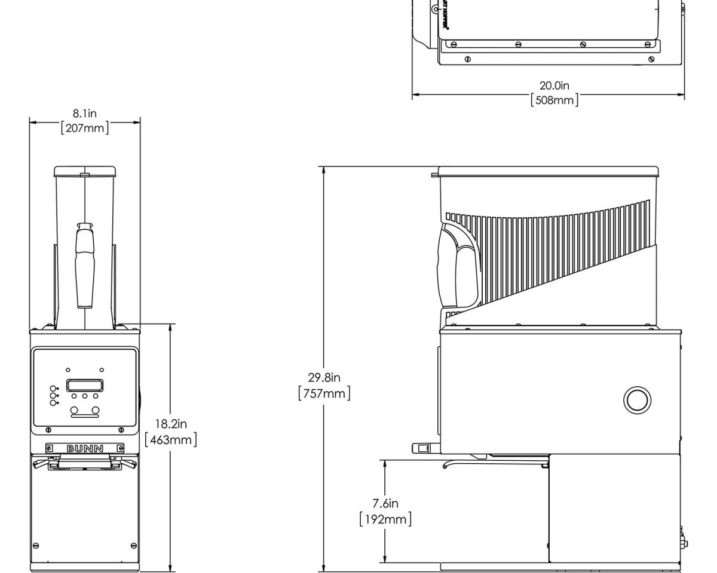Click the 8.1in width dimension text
85,113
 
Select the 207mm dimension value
85,128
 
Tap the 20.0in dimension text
554,86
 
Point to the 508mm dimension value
554,100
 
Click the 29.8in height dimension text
324,378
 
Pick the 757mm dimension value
324,393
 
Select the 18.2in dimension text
171,424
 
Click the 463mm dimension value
171,439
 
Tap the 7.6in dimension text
385,504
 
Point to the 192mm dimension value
385,519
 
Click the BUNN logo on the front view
84,448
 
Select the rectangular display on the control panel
84,385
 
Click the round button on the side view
637,399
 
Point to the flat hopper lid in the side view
549,172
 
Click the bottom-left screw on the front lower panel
36,546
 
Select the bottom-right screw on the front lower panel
133,546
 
